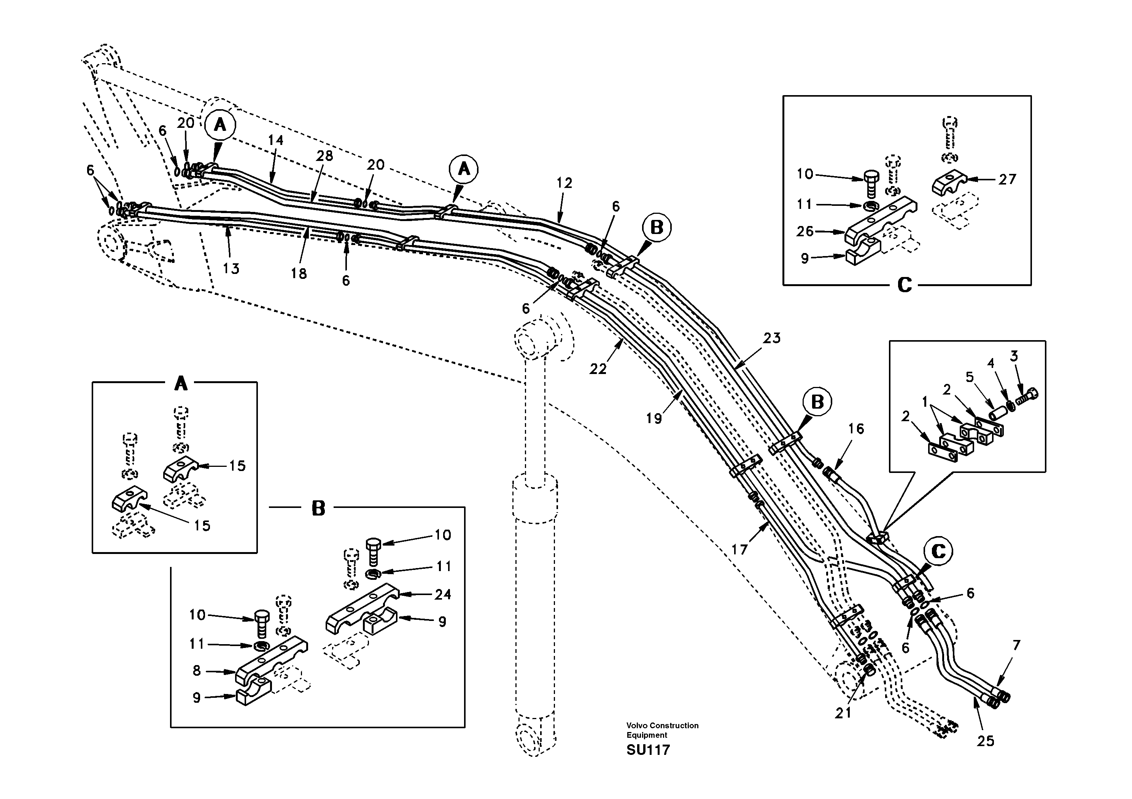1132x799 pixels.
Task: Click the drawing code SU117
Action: (648, 750)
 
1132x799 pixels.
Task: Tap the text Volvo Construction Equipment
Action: (662, 730)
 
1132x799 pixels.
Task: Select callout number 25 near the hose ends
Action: (985, 741)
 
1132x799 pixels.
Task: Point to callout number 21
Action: (843, 713)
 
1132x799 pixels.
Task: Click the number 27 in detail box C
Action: (1007, 179)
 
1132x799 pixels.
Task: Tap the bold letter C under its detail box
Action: (904, 285)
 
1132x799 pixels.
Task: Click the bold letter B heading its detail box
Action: (318, 508)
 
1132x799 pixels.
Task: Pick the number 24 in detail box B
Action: (442, 594)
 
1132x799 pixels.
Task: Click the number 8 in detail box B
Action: (197, 671)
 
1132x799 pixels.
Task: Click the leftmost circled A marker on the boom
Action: (220, 125)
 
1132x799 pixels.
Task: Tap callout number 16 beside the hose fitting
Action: (856, 428)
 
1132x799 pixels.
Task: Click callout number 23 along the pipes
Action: (772, 338)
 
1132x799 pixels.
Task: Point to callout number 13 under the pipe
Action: (231, 269)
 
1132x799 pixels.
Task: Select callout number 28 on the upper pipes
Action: (324, 156)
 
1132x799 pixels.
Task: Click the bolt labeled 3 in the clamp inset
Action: (1029, 395)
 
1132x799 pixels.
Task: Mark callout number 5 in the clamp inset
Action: (969, 377)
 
